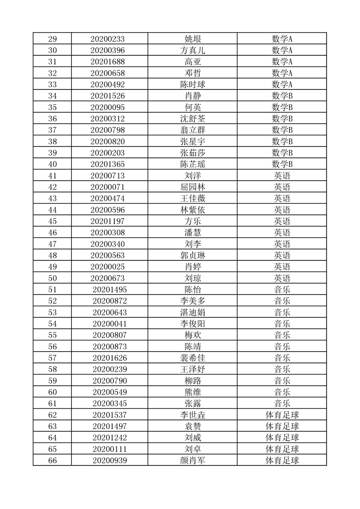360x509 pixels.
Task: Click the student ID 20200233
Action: (108, 39)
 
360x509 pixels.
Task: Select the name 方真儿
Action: (192, 50)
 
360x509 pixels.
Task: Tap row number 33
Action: (52, 84)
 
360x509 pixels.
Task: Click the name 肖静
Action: (192, 96)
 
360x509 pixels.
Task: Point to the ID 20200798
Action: (108, 130)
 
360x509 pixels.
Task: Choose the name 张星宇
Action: (192, 142)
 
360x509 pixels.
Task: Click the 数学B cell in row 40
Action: (282, 164)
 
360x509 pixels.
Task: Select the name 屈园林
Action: (192, 187)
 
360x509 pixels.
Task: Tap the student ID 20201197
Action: (108, 221)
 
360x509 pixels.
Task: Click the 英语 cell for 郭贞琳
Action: (282, 255)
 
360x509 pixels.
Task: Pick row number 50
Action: (52, 278)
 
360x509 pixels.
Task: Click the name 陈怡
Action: (192, 289)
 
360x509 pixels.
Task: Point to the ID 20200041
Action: (109, 324)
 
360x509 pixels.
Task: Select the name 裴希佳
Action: (192, 358)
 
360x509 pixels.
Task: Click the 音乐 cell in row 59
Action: (282, 381)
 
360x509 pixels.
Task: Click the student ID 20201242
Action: (109, 438)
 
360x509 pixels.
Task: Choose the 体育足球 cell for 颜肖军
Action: (282, 460)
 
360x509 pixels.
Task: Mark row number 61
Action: (52, 403)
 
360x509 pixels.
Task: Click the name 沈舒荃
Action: (192, 119)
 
